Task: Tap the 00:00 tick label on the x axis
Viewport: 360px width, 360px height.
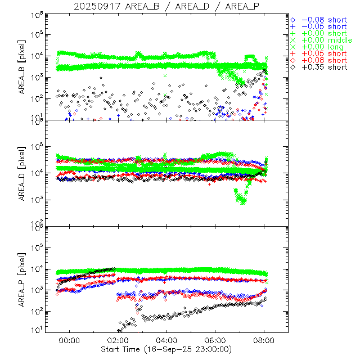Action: pos(69,341)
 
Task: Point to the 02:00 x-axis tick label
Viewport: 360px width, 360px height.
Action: pos(118,341)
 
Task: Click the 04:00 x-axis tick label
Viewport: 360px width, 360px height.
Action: pos(166,341)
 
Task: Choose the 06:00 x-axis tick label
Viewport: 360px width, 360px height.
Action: pos(215,341)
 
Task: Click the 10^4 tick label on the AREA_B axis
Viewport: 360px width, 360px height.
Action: pos(37,55)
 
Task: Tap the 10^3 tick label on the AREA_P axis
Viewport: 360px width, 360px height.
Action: pos(37,289)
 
